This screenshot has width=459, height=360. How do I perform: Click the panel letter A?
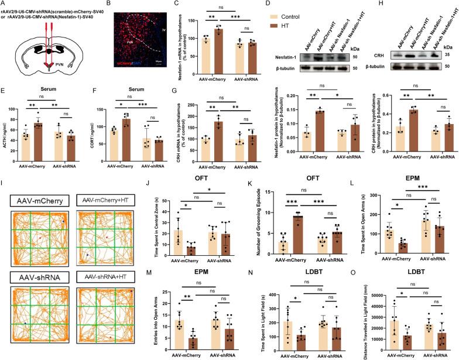click(4, 5)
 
